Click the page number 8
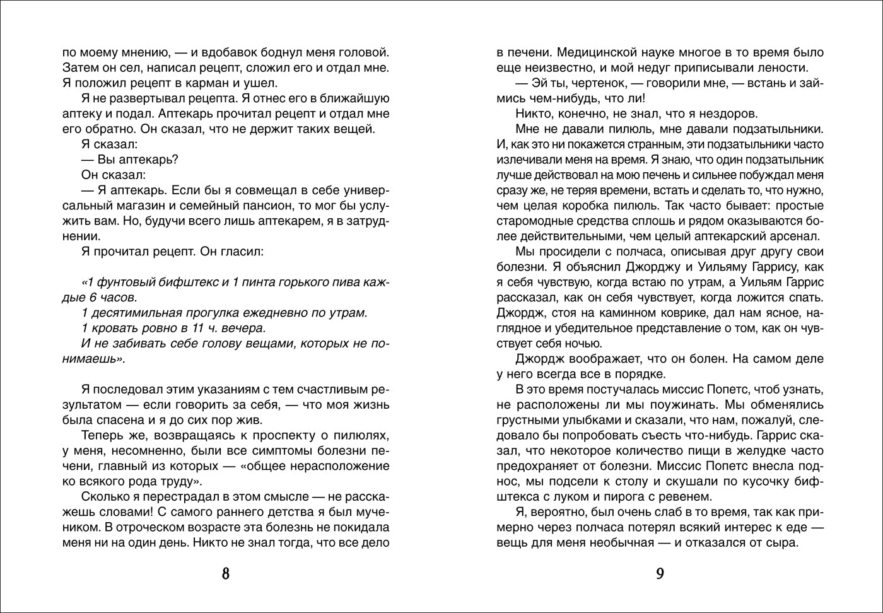226,573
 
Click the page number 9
660,573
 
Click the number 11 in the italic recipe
202,328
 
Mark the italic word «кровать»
115,328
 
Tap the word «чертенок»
580,83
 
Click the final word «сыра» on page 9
781,542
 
